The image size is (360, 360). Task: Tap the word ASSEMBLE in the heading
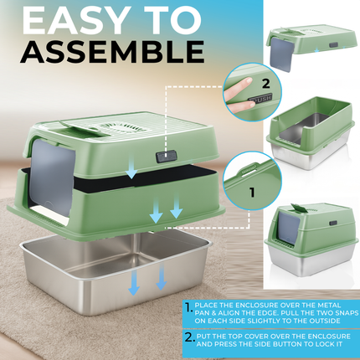[112, 50]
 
